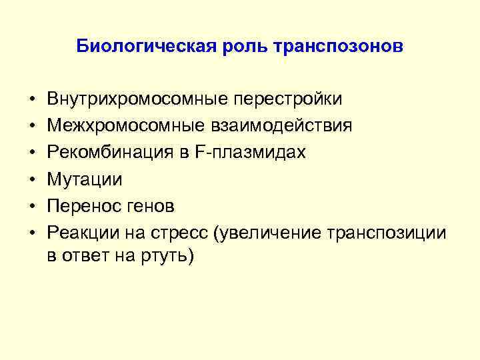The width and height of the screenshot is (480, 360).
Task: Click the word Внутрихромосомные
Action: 136,99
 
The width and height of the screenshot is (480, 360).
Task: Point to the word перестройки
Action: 287,99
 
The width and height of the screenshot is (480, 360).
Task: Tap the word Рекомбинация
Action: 104,153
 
